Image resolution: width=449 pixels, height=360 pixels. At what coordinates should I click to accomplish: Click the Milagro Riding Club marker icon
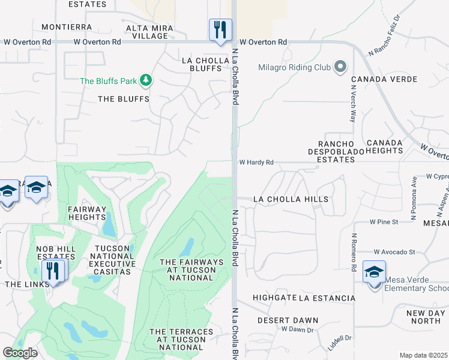[x=340, y=67]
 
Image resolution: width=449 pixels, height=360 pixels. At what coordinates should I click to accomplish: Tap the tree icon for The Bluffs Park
[x=145, y=80]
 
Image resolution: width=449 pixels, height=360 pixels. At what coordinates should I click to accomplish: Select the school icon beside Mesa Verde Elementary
[x=375, y=273]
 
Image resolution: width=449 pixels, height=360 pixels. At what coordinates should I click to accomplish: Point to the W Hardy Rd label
[x=256, y=162]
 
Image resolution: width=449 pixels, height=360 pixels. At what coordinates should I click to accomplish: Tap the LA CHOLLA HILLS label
[x=291, y=199]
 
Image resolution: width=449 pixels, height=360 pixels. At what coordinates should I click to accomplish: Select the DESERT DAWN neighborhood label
[x=288, y=320]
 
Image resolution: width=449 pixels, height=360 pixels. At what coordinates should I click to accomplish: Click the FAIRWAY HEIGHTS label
[x=87, y=214]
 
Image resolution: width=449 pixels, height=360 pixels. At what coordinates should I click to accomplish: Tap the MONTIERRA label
[x=67, y=28]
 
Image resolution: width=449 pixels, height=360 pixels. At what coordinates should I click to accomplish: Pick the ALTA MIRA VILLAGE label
[x=146, y=32]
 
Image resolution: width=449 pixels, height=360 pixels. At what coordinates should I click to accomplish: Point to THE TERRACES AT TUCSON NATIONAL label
[x=181, y=340]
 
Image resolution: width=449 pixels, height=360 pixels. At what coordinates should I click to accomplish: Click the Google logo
[x=20, y=353]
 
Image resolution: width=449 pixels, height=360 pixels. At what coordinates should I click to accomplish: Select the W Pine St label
[x=384, y=222]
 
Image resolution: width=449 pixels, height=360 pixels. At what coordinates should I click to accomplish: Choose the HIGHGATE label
[x=274, y=298]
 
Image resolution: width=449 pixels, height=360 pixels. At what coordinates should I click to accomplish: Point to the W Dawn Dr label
[x=297, y=330]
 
